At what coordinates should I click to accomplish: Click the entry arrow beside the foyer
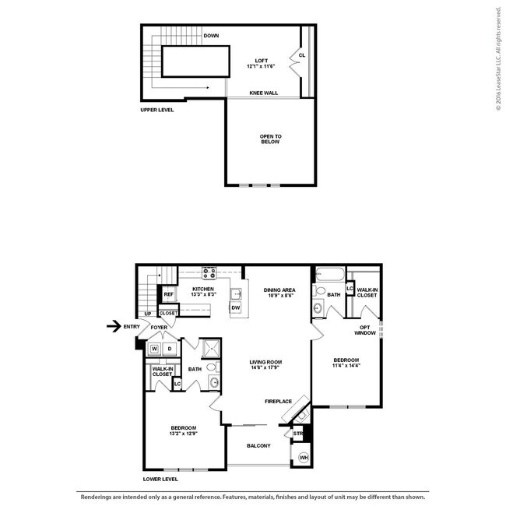(x=114, y=326)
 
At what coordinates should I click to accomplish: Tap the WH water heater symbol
(x=304, y=457)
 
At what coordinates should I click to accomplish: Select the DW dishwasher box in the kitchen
(x=236, y=307)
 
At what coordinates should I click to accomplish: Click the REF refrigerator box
(x=168, y=294)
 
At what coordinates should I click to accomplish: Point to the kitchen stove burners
(x=209, y=273)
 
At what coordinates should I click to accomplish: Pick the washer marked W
(x=154, y=349)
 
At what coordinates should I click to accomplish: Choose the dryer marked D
(x=170, y=349)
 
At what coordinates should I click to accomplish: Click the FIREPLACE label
(x=278, y=402)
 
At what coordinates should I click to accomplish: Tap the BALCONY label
(x=258, y=445)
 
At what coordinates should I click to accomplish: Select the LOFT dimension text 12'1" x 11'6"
(x=261, y=66)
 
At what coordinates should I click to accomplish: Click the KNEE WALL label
(x=264, y=93)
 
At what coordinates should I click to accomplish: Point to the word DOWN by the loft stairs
(x=212, y=36)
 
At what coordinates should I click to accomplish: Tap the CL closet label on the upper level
(x=302, y=55)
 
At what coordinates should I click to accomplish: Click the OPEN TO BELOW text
(x=270, y=139)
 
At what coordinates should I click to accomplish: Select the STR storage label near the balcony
(x=298, y=434)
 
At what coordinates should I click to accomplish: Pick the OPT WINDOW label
(x=365, y=330)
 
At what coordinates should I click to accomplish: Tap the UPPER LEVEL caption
(x=157, y=110)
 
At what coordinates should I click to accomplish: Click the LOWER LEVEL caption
(x=160, y=480)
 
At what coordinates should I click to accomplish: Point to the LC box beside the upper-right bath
(x=350, y=288)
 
